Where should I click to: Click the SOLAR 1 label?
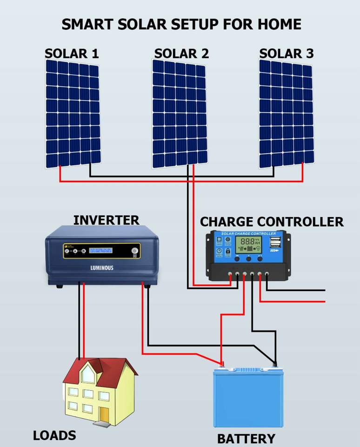72,54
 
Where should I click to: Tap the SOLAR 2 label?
181,54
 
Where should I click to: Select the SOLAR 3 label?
286,54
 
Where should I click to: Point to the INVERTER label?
106,220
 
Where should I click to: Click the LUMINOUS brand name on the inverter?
101,268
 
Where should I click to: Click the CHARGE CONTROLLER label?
272,222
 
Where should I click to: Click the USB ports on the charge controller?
274,243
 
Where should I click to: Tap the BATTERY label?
246,439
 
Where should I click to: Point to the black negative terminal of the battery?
275,365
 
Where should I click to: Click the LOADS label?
54,436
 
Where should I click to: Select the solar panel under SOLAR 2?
179,114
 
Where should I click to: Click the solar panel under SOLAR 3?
286,114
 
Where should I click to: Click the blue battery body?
247,400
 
